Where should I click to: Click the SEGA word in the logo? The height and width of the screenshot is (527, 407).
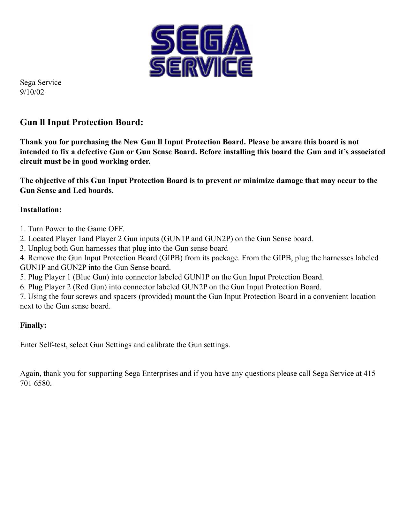point(200,39)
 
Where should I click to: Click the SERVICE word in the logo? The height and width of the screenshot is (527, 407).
point(201,67)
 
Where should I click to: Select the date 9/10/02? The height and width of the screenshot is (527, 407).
point(32,92)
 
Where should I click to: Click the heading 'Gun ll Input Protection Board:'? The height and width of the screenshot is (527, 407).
point(81,122)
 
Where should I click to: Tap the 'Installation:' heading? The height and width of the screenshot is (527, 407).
point(41,210)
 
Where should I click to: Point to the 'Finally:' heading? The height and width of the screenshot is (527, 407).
point(33,325)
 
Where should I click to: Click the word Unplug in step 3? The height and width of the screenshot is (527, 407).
point(40,248)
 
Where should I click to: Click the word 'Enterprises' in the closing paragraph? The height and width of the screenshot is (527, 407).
point(160,374)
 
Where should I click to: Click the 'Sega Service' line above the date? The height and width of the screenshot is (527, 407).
point(41,83)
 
